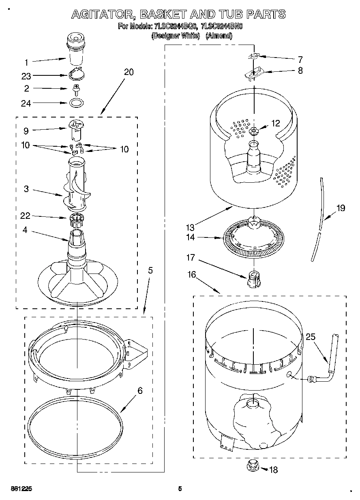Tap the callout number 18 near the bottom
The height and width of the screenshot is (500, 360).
274,470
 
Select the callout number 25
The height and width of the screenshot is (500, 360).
310,336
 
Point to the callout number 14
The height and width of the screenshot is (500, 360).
190,237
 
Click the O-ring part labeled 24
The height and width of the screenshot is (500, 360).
76,103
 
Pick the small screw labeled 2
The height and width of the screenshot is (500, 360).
75,88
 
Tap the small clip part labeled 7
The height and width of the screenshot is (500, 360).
254,57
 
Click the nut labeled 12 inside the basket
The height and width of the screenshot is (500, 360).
254,130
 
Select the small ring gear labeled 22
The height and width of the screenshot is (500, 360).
76,220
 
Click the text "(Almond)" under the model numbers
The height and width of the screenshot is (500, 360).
219,36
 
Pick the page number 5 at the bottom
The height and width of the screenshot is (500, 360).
180,488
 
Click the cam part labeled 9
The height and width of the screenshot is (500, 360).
76,127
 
